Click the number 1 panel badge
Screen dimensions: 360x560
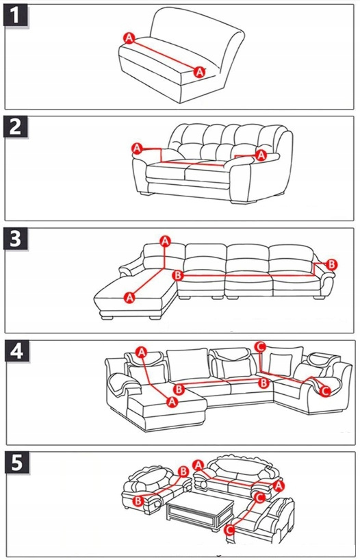16,16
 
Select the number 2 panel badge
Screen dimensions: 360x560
16,127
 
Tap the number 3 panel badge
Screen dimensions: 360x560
16,239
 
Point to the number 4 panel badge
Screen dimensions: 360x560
17,351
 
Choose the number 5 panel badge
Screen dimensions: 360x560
17,463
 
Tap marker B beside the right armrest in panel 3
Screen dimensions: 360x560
332,265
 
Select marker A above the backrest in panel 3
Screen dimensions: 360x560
165,241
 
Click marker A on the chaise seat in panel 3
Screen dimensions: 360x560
129,297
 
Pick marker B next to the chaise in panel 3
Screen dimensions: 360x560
177,275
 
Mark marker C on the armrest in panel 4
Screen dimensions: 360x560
324,391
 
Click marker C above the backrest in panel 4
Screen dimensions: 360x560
260,346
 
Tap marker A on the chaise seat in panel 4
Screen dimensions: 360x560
172,401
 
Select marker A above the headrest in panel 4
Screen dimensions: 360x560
142,352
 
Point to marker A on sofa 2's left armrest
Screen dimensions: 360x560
137,148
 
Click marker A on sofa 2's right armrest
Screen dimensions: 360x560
261,155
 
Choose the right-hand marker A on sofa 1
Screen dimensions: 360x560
200,72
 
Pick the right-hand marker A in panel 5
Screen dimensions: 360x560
279,485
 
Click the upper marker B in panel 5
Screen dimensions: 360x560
183,472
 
